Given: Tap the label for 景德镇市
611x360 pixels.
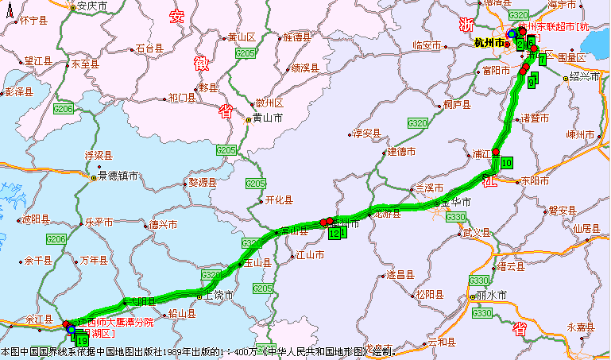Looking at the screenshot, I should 118,176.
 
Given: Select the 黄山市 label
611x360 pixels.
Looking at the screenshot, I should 268,118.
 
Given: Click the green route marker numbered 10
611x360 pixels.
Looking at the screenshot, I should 507,162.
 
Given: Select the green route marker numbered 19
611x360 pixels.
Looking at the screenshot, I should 82,342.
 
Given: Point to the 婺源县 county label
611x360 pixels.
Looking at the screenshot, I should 202,182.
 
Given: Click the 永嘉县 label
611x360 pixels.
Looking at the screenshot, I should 580,327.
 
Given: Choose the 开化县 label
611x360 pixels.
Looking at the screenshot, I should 279,200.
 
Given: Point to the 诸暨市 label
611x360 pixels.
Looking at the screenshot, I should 535,118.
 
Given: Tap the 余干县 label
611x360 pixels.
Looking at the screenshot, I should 37,260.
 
